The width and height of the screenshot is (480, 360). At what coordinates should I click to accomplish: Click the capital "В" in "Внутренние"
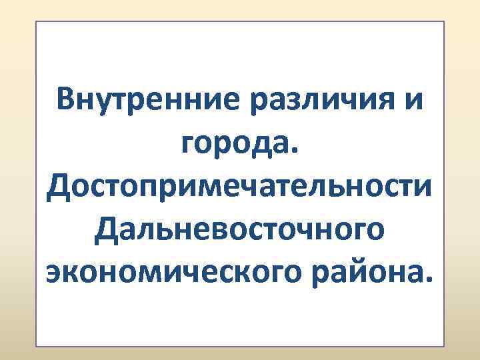click(66, 101)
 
